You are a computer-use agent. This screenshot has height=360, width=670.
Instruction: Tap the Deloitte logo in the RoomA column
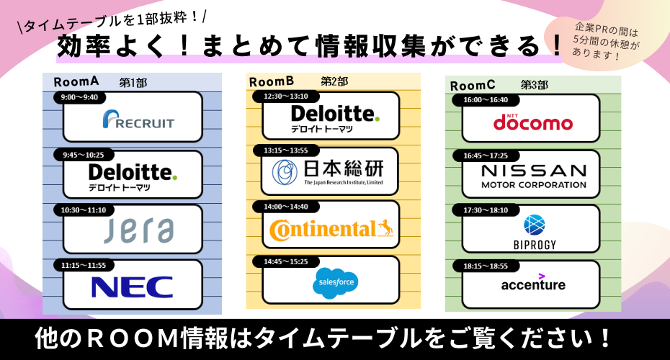(x=133, y=177)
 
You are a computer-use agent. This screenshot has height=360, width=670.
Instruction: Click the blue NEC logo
(x=133, y=286)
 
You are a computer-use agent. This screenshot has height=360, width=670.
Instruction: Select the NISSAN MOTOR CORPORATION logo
(x=533, y=176)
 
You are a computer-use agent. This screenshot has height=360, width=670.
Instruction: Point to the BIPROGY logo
(x=534, y=230)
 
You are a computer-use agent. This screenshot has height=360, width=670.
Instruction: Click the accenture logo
(x=533, y=284)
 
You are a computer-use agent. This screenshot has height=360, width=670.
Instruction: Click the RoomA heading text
(x=76, y=82)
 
